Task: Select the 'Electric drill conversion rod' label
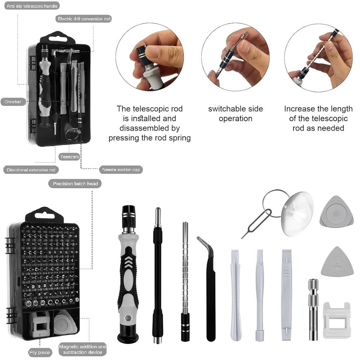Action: pos(84,19)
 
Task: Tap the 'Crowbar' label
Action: pos(13,102)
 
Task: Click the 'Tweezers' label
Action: pos(69,157)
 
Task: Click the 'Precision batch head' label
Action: pos(75,184)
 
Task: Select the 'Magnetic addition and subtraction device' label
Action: pos(82,349)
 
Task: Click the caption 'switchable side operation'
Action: pos(235,113)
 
